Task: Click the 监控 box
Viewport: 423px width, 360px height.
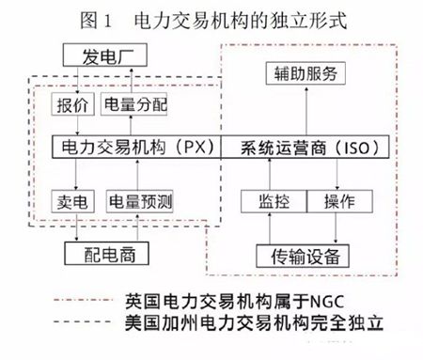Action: coord(269,201)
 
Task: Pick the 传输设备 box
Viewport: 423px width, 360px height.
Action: coord(305,256)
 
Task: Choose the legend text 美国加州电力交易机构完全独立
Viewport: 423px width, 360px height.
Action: coord(256,328)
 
